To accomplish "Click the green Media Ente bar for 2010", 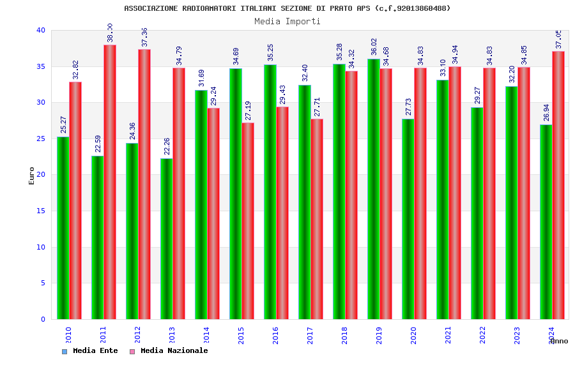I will pos(63,228).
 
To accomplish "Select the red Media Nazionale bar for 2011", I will pos(110,182).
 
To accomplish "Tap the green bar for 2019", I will pos(373,189).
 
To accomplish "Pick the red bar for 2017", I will pos(317,219).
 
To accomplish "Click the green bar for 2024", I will pos(546,222).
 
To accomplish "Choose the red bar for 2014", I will pos(213,213).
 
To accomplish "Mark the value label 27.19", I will pos(249,111).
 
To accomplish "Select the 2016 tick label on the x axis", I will pos(276,335).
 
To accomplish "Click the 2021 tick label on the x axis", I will pos(448,335).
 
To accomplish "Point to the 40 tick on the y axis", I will pos(41,30).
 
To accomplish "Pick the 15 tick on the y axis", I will pos(41,211).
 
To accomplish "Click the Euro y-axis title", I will pos(32,176).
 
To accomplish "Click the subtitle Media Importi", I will pos(287,21).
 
